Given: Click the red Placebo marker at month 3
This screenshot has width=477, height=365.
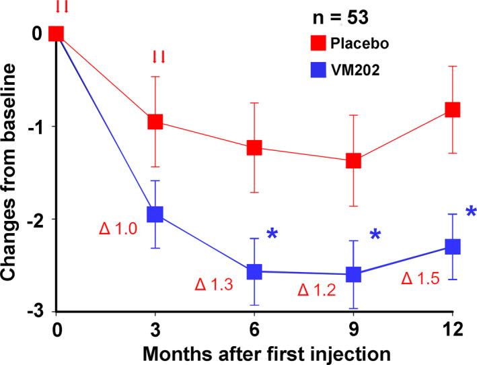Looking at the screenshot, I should click(155, 121).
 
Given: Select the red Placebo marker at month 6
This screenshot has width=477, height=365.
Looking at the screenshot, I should click(254, 147).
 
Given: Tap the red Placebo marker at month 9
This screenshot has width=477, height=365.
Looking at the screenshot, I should click(353, 160).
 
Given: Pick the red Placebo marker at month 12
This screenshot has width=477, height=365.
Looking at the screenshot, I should click(452, 109).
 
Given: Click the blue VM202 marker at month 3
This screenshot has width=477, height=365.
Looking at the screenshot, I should click(155, 214).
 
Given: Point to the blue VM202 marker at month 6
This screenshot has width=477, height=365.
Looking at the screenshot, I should click(254, 271).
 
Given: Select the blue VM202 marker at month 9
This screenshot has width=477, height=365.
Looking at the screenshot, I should click(353, 274).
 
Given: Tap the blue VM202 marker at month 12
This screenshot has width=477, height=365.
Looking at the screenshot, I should click(452, 246).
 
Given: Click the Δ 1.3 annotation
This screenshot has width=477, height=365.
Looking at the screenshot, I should click(214, 286).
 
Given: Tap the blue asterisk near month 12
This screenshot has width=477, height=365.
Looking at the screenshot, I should click(470, 213).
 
